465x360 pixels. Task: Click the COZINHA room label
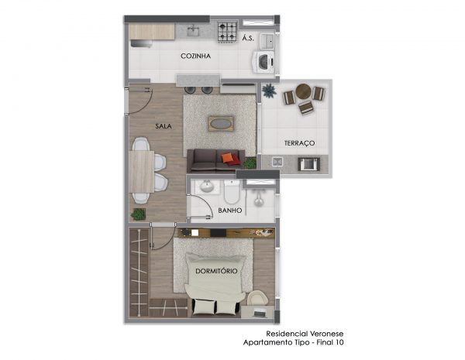(x=196, y=56)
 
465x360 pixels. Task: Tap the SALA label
(x=164, y=126)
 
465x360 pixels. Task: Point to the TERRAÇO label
(x=299, y=143)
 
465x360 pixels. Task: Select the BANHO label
(x=230, y=211)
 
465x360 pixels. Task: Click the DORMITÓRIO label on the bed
(x=216, y=271)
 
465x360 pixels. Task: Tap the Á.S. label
(x=248, y=38)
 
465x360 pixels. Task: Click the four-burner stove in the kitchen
(x=228, y=32)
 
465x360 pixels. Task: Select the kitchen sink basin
(x=194, y=30)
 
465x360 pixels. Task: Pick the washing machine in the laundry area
(x=263, y=62)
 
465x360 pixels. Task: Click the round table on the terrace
(x=304, y=91)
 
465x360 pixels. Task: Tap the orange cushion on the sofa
(x=227, y=158)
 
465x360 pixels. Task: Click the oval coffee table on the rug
(x=221, y=124)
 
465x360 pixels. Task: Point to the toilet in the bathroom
(x=232, y=191)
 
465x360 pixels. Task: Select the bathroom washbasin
(x=206, y=187)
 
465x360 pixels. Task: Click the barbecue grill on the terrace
(x=309, y=164)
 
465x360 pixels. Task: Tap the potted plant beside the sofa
(x=250, y=163)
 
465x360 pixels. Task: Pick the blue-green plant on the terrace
(x=269, y=91)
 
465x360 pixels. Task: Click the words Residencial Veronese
(x=305, y=334)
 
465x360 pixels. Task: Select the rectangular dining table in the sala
(x=142, y=172)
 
